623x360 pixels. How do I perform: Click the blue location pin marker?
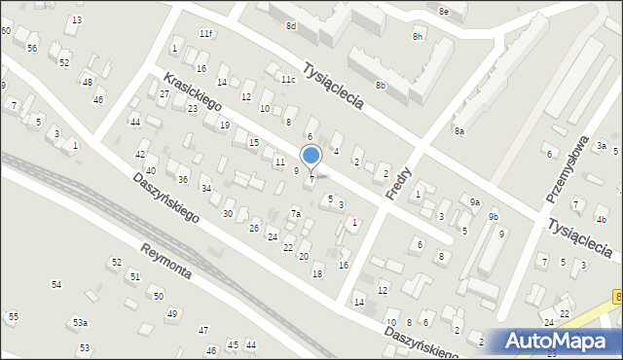click(x=311, y=157)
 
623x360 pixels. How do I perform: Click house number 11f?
click(x=204, y=34)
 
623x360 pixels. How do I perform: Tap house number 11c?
click(x=287, y=79)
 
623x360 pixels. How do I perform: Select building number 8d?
click(x=290, y=26)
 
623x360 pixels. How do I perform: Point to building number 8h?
click(x=418, y=37)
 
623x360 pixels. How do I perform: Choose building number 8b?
click(x=382, y=86)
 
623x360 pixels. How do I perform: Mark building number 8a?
click(x=458, y=130)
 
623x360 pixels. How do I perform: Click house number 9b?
click(x=494, y=216)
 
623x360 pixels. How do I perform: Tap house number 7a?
click(x=296, y=213)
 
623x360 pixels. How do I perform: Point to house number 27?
click(x=165, y=93)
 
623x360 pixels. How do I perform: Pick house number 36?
click(x=182, y=179)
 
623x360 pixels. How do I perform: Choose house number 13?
click(x=77, y=20)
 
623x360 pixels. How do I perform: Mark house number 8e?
click(x=443, y=11)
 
